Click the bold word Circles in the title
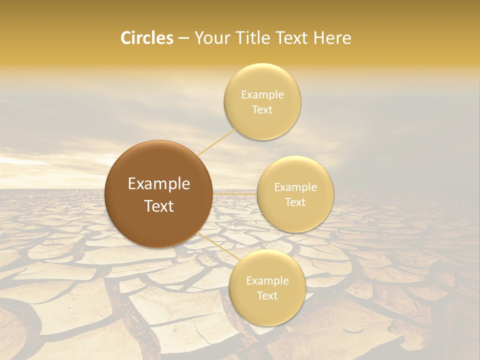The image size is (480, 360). coord(146,38)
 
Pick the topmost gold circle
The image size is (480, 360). coord(262,101)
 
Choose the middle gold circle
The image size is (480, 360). coord(295,194)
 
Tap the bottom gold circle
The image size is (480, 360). coord(267,287)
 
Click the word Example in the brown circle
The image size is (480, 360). coord(159,184)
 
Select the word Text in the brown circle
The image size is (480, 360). coord(159,206)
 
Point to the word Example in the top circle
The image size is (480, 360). coord(262,94)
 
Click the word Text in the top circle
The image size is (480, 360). coord(262,109)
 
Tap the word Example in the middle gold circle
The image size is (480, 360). coord(295,187)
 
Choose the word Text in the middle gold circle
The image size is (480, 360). coord(295,202)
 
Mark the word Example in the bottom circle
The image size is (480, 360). coord(267,281)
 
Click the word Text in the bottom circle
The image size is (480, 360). coord(267,295)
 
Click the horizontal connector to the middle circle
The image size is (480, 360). coord(234,193)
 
